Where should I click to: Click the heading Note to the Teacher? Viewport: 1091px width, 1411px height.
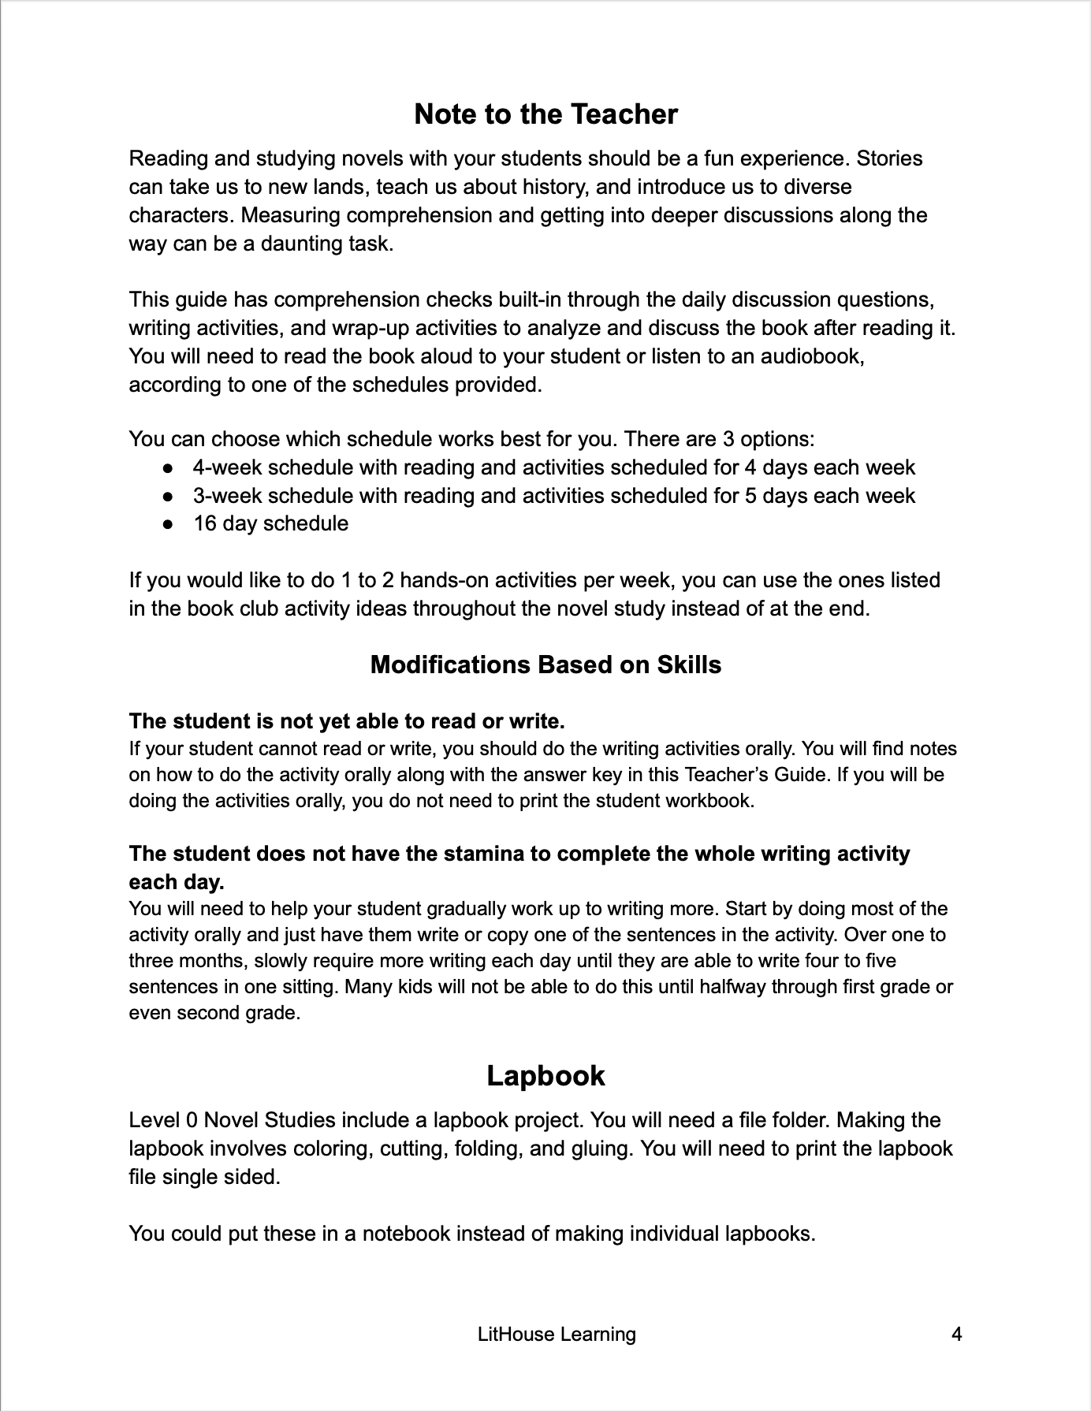click(x=545, y=114)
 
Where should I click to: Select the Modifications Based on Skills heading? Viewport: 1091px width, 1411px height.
click(x=545, y=665)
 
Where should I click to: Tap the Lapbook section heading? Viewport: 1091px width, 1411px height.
click(x=545, y=1076)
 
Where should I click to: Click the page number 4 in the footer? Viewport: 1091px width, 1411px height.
click(x=957, y=1335)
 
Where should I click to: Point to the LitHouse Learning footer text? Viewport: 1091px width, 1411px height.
click(x=557, y=1335)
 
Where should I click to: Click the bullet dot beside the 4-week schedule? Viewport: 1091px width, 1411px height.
click(x=168, y=468)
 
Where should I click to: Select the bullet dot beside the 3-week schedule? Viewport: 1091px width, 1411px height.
click(x=168, y=497)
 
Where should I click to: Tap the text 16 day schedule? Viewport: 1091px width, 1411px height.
click(x=270, y=523)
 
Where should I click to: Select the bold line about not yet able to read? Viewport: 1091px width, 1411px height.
click(x=347, y=721)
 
